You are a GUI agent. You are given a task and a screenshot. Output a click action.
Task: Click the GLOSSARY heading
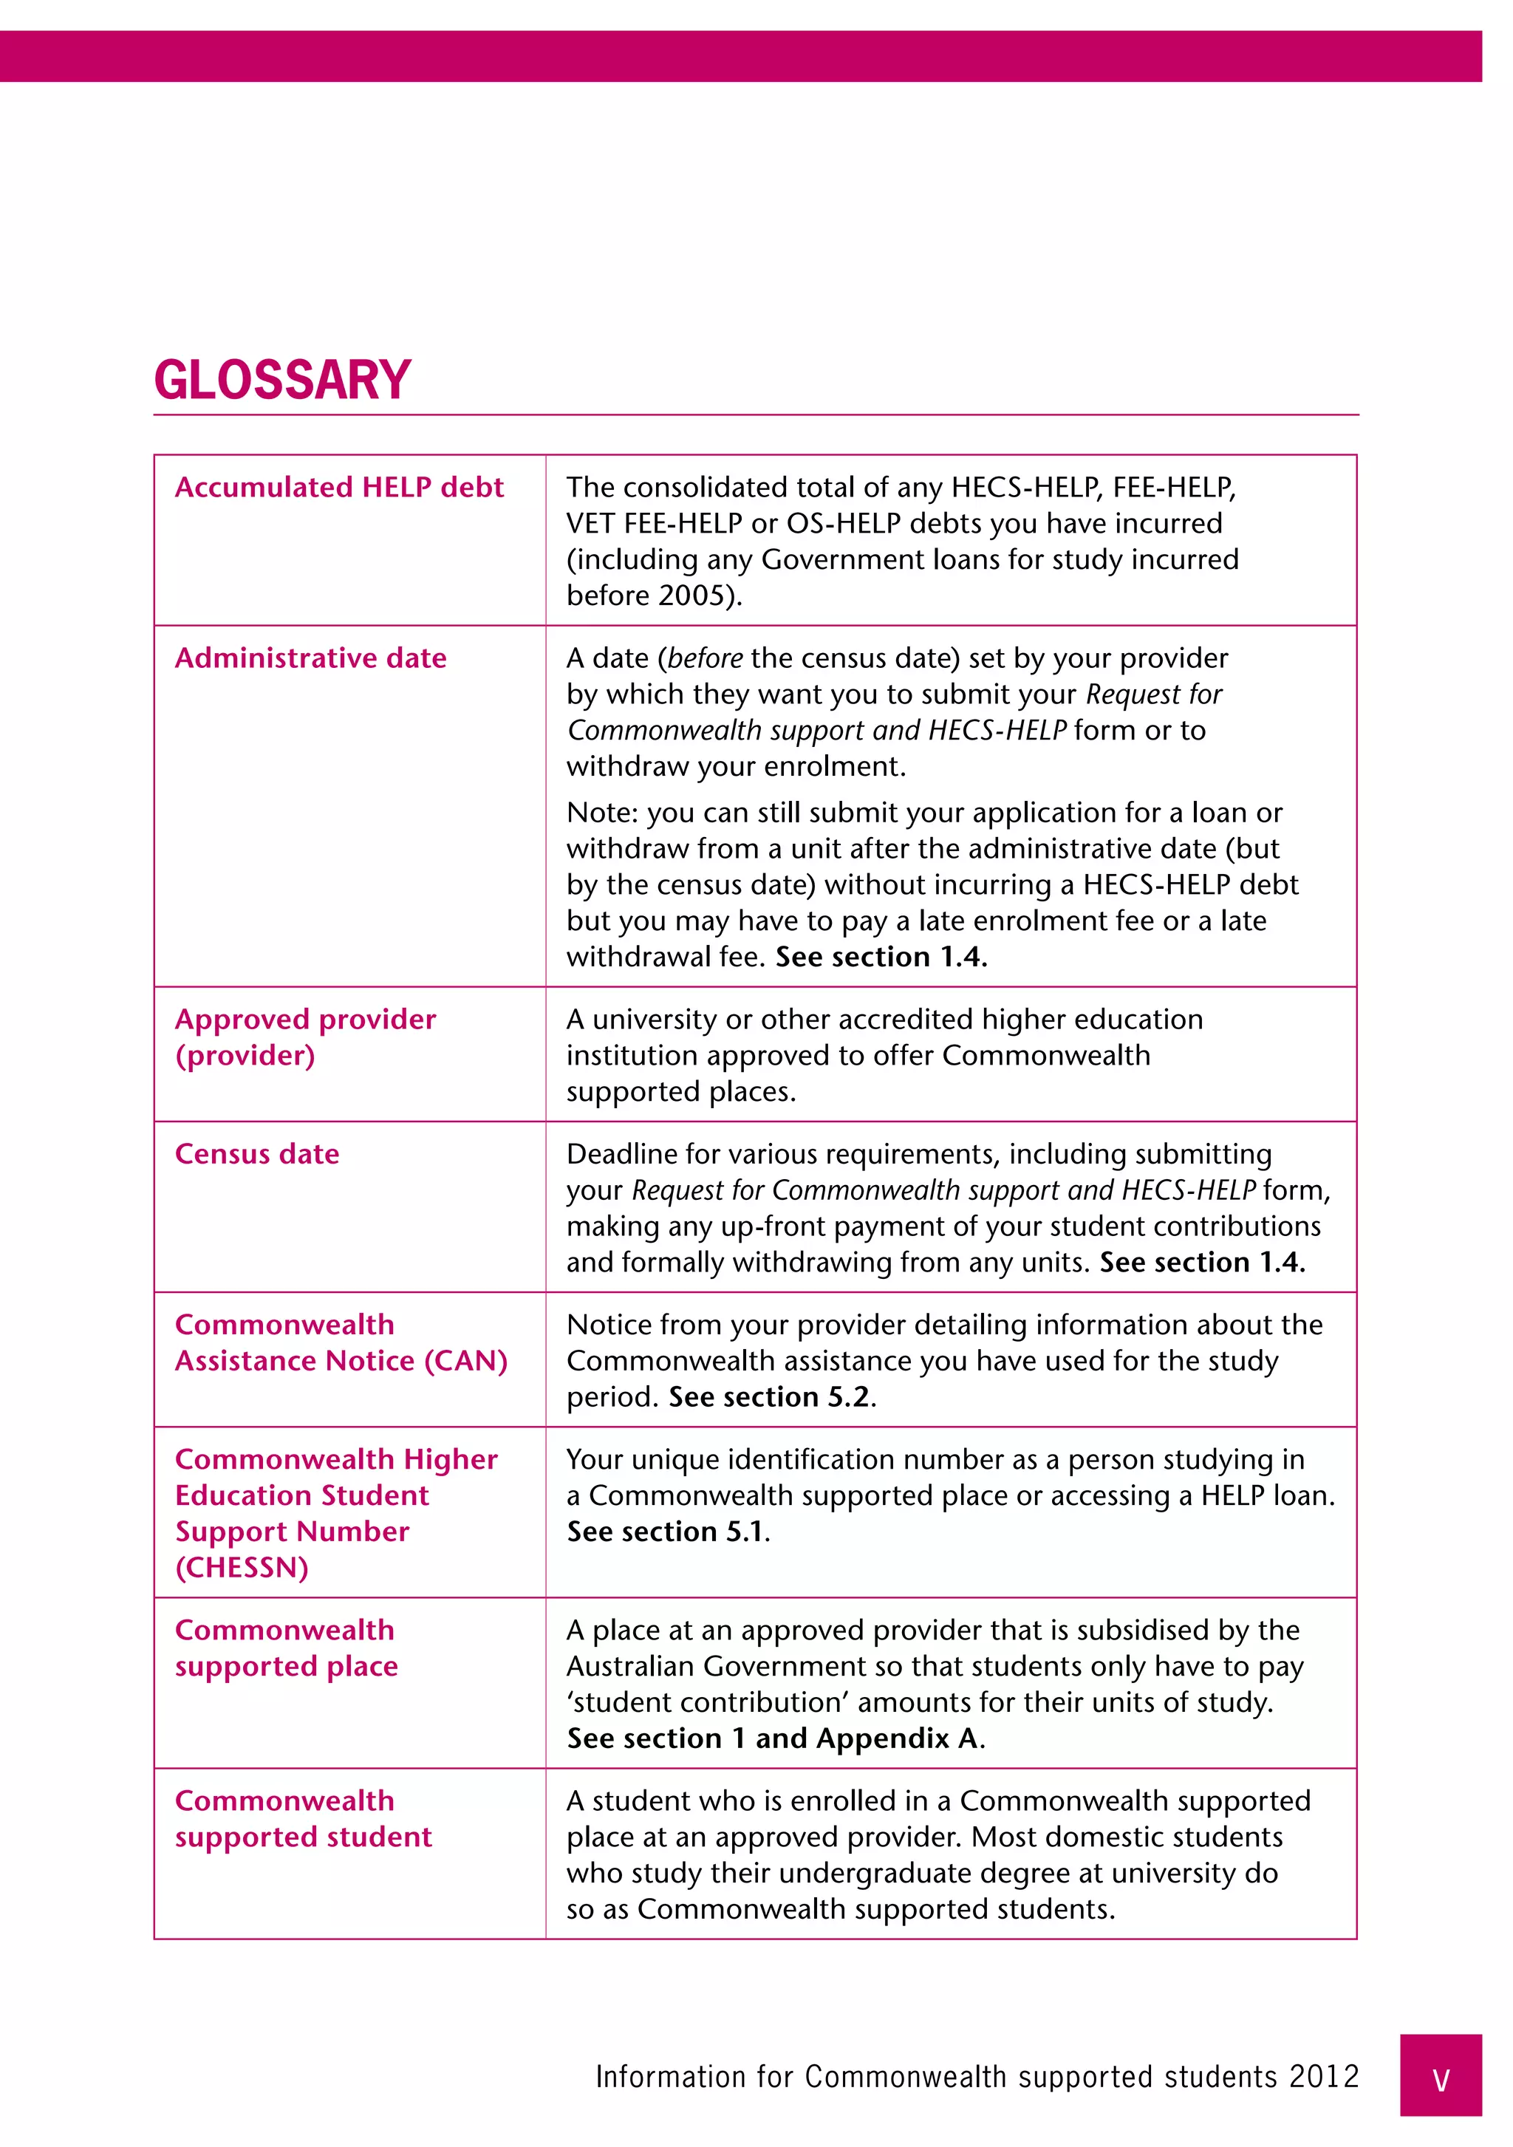282,380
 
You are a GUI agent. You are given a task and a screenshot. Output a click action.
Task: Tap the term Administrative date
310,658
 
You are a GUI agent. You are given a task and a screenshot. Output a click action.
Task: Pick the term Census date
257,1154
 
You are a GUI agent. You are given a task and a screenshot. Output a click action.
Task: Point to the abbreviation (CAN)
465,1361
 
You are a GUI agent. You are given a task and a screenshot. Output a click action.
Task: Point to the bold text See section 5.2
771,1397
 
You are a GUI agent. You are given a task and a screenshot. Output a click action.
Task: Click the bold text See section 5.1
666,1532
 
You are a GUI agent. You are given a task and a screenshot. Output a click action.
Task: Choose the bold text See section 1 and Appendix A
773,1738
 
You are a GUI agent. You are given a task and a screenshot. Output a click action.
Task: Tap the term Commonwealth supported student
303,1819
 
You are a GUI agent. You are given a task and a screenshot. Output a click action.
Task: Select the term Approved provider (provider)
305,1037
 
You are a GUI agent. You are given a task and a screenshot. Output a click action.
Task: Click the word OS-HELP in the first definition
844,524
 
